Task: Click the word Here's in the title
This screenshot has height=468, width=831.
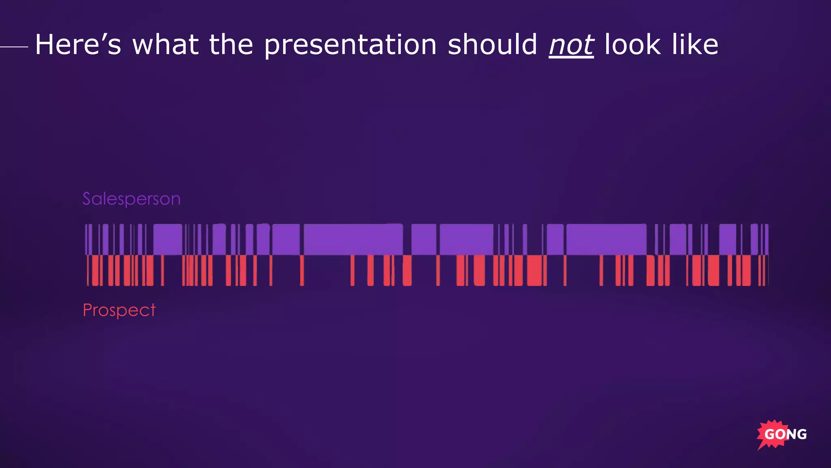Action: [x=78, y=45]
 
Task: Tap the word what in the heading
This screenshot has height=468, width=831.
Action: [x=166, y=45]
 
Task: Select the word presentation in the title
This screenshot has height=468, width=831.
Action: [x=350, y=45]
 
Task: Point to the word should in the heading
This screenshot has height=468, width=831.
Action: [x=492, y=45]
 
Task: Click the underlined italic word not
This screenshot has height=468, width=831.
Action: [x=571, y=45]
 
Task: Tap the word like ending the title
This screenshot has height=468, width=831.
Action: [x=695, y=45]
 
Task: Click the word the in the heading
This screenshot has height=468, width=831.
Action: [x=231, y=45]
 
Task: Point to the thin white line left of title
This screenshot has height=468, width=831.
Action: [x=14, y=47]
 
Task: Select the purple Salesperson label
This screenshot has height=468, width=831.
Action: [x=131, y=199]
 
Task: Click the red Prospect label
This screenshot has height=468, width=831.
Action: [x=119, y=310]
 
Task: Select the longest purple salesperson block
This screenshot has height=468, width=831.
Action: [x=353, y=239]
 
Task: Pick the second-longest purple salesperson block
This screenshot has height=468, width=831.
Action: [x=606, y=239]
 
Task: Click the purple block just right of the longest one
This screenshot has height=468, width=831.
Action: [x=424, y=239]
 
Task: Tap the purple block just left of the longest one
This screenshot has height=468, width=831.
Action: [x=286, y=239]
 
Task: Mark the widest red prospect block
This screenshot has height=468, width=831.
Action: [x=535, y=270]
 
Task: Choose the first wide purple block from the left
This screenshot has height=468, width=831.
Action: [x=168, y=239]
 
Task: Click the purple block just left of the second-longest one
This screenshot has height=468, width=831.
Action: [x=555, y=239]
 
